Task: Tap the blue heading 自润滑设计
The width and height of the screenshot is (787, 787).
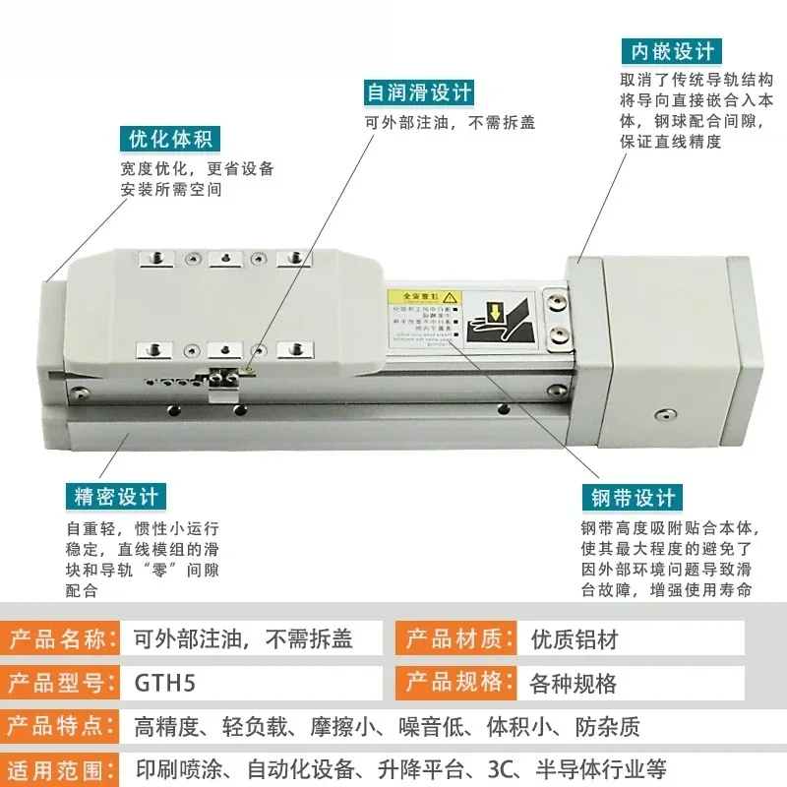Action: (x=419, y=92)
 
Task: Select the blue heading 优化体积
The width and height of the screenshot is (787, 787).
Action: (x=170, y=139)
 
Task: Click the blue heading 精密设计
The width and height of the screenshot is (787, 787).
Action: (x=115, y=496)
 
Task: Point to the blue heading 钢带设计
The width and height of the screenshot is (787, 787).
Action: (x=631, y=497)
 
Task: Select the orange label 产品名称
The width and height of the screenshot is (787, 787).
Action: (x=57, y=639)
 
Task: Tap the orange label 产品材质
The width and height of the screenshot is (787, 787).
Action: (x=454, y=639)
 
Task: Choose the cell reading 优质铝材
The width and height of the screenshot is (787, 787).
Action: (x=574, y=639)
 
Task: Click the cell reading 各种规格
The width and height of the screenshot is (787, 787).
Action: (x=574, y=682)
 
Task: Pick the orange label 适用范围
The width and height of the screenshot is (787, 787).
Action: (x=57, y=767)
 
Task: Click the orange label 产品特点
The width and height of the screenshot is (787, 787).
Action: (x=57, y=726)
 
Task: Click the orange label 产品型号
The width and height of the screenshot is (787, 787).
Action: (x=57, y=682)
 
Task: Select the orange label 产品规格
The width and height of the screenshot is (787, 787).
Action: (x=454, y=682)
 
